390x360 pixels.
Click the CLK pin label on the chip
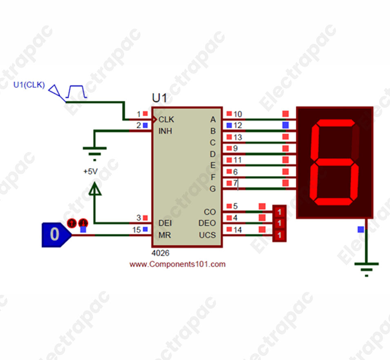coord(166,120)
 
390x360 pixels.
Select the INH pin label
coord(165,131)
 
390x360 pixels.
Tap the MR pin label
coord(165,236)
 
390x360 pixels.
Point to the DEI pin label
coord(165,224)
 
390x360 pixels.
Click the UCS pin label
coord(207,236)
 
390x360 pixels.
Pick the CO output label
coord(209,212)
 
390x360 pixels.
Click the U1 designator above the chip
coord(160,98)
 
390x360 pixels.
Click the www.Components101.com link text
coord(177,264)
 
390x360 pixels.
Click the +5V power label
coord(90,172)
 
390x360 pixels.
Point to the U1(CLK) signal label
coord(29,85)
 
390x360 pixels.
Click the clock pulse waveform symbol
coord(77,91)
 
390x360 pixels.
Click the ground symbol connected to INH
coord(94,151)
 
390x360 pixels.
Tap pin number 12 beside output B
coord(238,126)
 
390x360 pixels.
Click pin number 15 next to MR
coord(136,230)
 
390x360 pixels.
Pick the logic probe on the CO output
coord(279,212)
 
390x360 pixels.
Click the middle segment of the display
coord(334,161)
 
